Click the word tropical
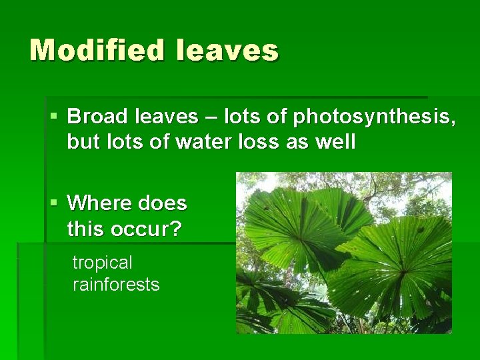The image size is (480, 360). pos(102,264)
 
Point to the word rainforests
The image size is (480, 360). pos(116,285)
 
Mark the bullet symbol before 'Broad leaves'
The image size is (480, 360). pos(54,117)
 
